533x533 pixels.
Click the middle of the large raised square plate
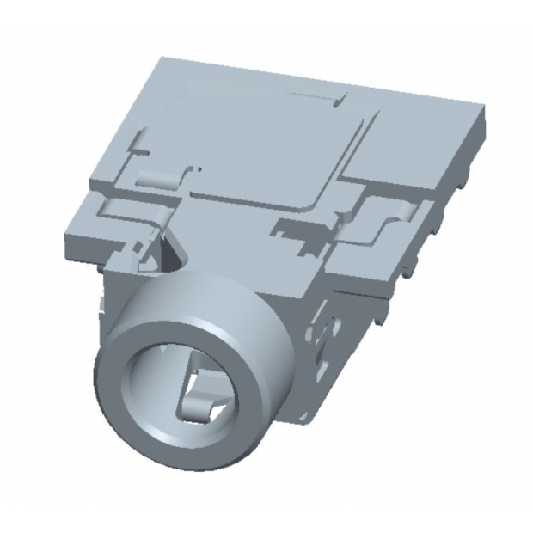[249, 146]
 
